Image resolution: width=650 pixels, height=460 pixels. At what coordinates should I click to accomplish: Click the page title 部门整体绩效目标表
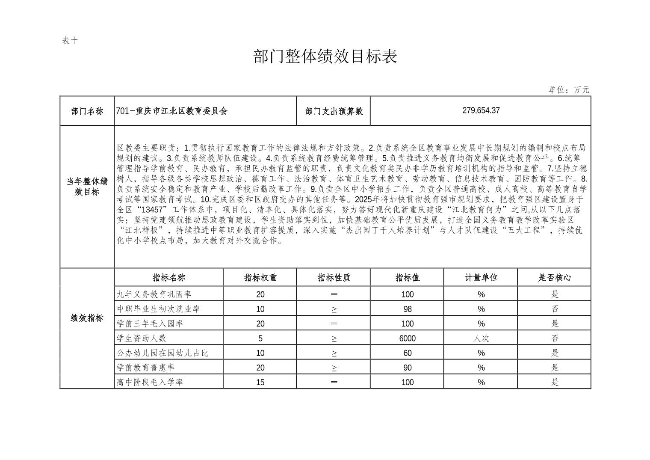[325, 56]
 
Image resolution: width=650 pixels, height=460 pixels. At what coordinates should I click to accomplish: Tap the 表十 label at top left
[70, 41]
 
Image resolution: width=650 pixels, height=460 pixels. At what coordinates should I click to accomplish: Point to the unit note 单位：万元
[569, 90]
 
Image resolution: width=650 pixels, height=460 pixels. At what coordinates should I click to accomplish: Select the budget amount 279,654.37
[481, 110]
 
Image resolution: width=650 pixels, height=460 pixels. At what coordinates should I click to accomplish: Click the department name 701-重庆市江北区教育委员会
[172, 111]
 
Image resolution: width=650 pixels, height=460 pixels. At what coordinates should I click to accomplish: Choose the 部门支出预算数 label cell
[334, 111]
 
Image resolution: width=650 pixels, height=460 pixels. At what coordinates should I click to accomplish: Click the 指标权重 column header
[260, 278]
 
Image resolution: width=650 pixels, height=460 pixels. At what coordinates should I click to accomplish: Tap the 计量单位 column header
[481, 278]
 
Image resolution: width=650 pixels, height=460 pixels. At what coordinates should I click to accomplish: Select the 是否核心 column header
[554, 278]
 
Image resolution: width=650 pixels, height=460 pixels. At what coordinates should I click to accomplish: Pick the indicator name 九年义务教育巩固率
[154, 294]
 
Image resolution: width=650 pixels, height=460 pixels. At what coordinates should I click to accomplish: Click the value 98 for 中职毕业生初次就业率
[407, 309]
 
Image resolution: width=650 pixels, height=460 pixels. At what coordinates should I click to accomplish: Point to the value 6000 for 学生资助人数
[407, 338]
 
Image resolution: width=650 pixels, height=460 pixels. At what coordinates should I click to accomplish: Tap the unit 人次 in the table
[481, 338]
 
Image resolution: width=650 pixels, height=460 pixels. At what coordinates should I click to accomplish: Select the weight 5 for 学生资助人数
[260, 338]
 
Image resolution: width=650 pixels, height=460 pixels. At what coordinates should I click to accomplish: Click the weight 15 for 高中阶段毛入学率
[260, 382]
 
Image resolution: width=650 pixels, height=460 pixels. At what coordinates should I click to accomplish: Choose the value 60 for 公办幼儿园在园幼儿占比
[407, 353]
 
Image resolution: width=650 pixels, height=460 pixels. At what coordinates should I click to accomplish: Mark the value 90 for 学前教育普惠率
[407, 368]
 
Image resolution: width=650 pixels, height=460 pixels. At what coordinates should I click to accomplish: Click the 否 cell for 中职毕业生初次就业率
[554, 309]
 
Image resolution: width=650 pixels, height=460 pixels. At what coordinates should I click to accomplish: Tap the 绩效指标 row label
[87, 318]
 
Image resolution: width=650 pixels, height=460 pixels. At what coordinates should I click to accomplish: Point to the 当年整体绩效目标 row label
[87, 187]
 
